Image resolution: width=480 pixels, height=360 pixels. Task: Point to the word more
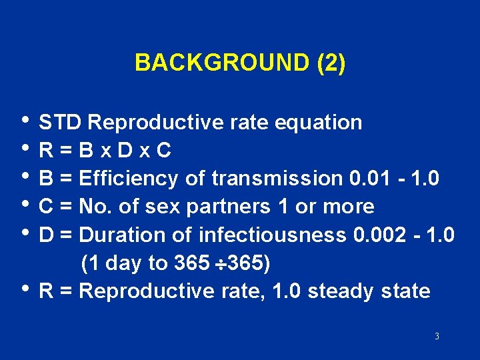tap(349, 207)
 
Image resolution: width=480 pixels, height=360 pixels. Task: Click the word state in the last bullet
tap(406, 291)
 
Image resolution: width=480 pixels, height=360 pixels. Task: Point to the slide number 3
tap(437, 337)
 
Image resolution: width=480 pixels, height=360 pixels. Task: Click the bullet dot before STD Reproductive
tap(25, 120)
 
